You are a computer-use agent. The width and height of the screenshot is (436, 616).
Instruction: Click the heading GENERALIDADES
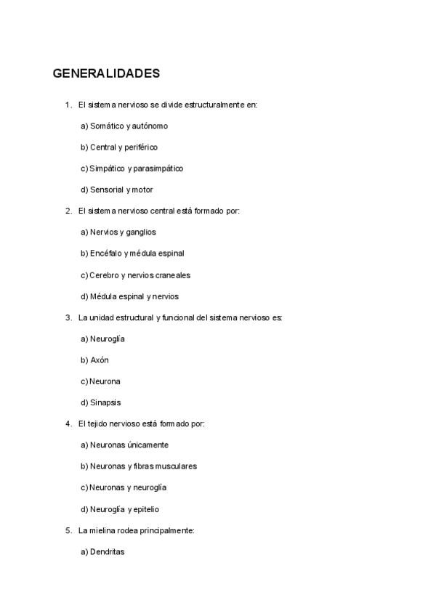(106, 74)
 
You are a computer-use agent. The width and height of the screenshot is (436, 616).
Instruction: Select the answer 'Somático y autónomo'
(129, 126)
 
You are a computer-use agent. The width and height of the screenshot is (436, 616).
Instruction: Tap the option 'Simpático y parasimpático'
(136, 169)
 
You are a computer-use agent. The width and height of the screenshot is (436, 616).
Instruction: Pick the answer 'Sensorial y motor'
(121, 190)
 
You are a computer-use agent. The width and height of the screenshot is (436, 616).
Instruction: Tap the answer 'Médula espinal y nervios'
(134, 296)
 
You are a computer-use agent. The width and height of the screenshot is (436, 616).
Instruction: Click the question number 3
(68, 317)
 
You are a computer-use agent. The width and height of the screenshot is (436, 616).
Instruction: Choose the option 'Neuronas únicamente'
(129, 445)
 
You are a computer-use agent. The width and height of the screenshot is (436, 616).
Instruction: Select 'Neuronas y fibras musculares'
(143, 466)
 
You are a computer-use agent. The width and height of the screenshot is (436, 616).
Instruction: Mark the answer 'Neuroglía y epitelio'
(124, 509)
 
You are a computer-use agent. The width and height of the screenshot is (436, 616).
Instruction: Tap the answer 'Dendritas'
(107, 552)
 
